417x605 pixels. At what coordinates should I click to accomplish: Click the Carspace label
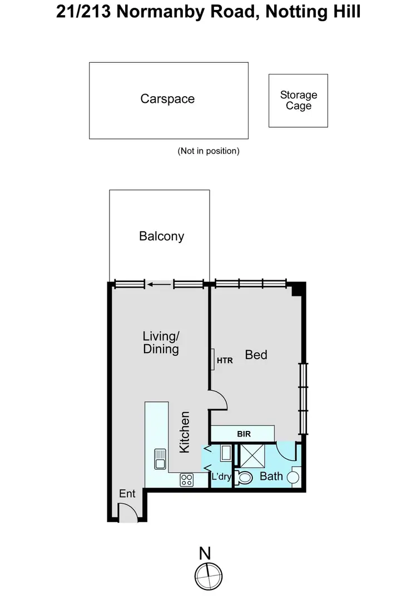pyautogui.click(x=167, y=99)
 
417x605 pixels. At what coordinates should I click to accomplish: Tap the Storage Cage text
pyautogui.click(x=299, y=101)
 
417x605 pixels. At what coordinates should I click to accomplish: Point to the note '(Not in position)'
pyautogui.click(x=209, y=151)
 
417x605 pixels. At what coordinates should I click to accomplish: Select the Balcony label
pyautogui.click(x=161, y=236)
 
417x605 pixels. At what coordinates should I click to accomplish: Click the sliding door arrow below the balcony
pyautogui.click(x=159, y=285)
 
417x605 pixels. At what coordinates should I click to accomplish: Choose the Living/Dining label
pyautogui.click(x=161, y=343)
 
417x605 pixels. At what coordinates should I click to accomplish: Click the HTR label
pyautogui.click(x=225, y=360)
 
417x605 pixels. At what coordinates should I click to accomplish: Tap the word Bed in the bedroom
pyautogui.click(x=256, y=354)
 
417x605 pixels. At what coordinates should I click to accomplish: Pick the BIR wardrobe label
pyautogui.click(x=244, y=434)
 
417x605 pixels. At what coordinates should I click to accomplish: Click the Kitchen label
pyautogui.click(x=185, y=432)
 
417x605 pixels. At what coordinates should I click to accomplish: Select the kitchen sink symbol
pyautogui.click(x=160, y=457)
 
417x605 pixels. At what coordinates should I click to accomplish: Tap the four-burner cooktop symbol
pyautogui.click(x=186, y=480)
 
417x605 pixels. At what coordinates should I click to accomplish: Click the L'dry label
pyautogui.click(x=221, y=477)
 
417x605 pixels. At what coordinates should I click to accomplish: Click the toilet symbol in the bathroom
pyautogui.click(x=244, y=477)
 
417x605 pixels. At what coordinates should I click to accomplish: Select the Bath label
pyautogui.click(x=271, y=477)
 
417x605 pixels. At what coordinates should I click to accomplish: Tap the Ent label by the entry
pyautogui.click(x=127, y=494)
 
